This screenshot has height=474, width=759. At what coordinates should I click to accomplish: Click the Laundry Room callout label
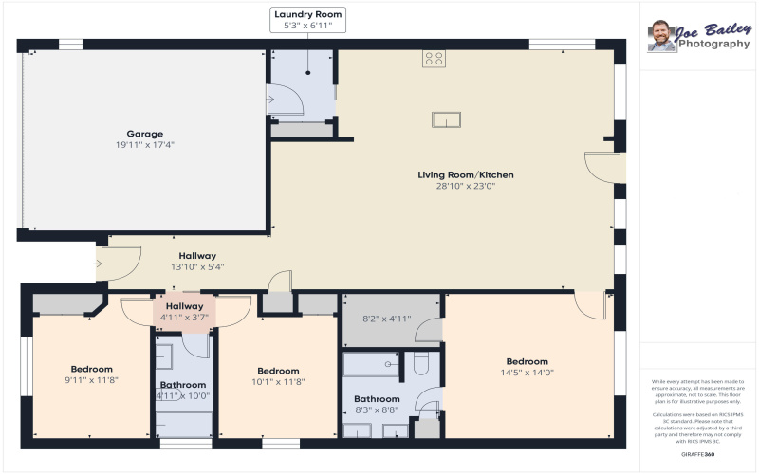[307, 14]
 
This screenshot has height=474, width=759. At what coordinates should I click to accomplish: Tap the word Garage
[145, 134]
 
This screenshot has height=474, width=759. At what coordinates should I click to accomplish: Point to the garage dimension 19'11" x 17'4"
[145, 145]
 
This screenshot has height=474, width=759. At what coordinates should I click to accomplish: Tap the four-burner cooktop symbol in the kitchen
[434, 58]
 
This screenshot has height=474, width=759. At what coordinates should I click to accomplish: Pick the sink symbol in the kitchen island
[446, 118]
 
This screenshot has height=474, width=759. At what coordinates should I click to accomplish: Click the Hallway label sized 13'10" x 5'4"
[197, 256]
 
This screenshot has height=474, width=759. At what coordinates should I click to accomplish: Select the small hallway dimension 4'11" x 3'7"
[184, 318]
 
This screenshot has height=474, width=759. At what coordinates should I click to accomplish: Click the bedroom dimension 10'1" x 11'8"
[278, 381]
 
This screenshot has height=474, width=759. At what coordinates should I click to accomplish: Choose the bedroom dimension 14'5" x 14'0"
[527, 373]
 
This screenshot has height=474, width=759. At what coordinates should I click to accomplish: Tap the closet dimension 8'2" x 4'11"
[386, 319]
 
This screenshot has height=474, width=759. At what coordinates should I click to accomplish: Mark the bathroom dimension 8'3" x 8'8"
[377, 410]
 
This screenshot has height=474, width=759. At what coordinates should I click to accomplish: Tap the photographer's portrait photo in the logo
[661, 36]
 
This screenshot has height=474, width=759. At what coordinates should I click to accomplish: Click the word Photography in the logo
[713, 44]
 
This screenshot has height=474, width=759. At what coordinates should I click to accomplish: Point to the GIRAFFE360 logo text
[698, 456]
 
